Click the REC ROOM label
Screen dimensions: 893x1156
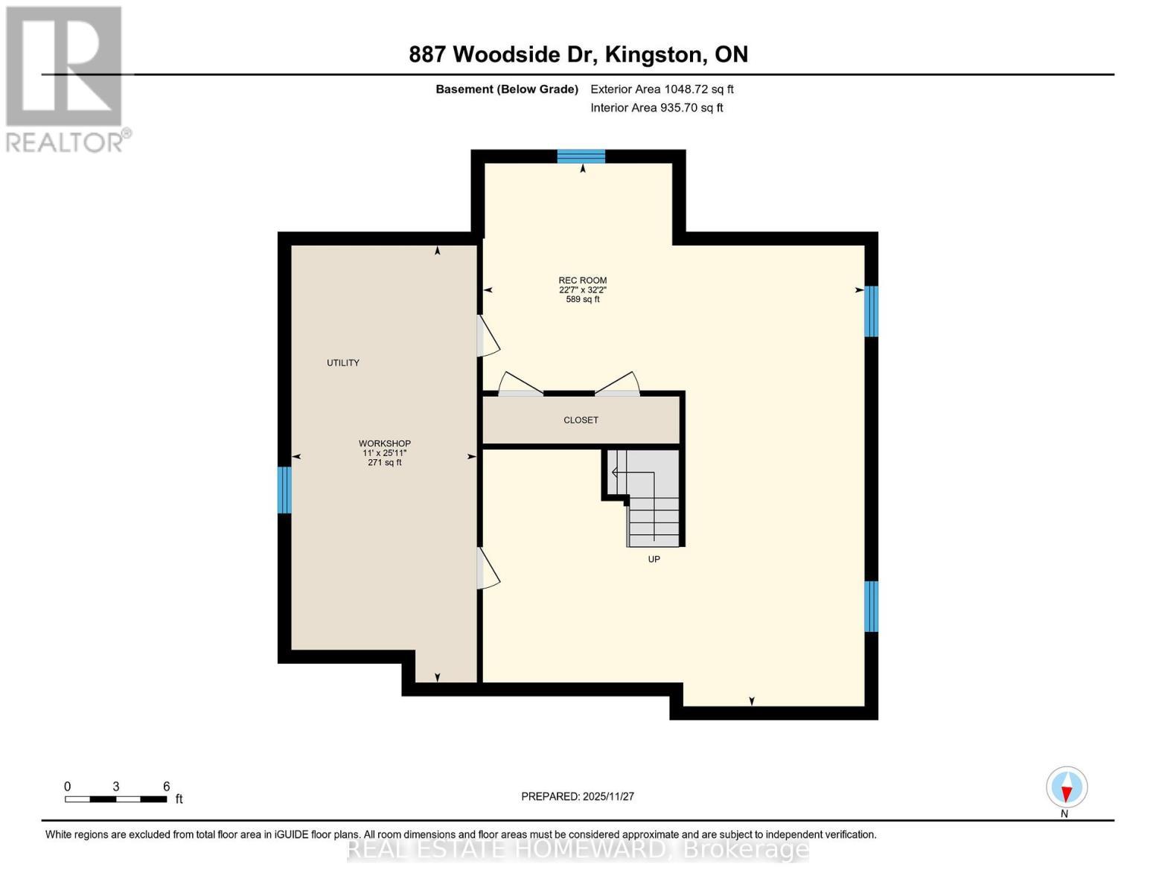coord(582,281)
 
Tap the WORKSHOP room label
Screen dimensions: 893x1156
coord(384,444)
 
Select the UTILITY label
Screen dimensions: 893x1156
coord(342,363)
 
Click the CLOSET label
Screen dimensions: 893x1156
coord(581,420)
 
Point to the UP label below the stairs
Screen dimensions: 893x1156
coord(654,559)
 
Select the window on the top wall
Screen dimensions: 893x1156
coord(581,156)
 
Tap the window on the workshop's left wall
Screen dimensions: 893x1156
coord(284,490)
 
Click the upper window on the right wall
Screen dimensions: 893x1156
coord(871,311)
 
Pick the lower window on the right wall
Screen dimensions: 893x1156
coord(871,606)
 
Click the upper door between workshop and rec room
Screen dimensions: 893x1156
coord(488,336)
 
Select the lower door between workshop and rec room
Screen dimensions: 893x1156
coord(488,569)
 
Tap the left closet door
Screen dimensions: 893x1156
coord(520,384)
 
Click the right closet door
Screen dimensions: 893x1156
coord(618,384)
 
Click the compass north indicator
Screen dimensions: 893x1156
coord(1067,787)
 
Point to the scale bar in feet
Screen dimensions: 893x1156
coord(116,798)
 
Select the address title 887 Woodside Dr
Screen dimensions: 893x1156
coord(578,54)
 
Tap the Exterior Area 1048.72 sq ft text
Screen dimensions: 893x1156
coord(662,89)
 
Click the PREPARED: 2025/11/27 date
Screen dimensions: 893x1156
coord(578,796)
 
